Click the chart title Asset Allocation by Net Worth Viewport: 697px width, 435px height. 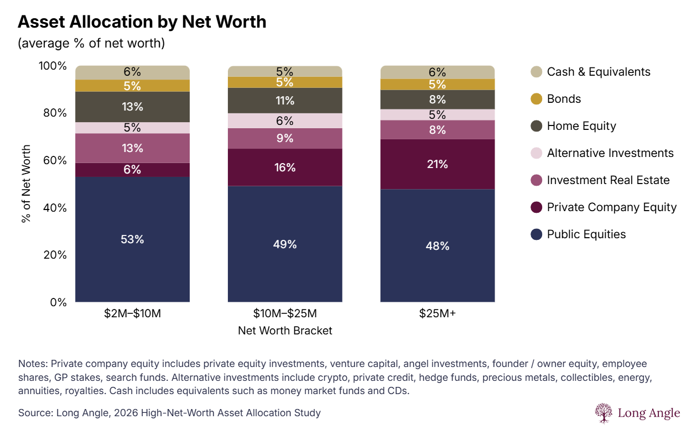pos(142,22)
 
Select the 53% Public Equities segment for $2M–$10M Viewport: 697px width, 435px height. pos(132,239)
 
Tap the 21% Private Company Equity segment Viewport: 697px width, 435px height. pos(437,164)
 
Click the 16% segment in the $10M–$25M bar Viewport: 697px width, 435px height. pos(285,167)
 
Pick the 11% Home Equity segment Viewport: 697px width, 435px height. pos(285,101)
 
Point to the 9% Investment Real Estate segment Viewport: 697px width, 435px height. pos(285,138)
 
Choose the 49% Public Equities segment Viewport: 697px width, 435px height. pos(285,244)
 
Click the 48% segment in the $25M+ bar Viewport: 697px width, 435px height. pos(437,246)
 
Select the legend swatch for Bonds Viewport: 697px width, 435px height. pos(535,99)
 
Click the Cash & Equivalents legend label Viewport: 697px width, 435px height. pos(598,72)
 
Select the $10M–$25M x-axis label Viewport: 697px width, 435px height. pos(285,314)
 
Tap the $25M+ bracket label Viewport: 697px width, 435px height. pos(437,314)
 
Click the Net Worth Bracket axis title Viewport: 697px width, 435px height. pos(285,331)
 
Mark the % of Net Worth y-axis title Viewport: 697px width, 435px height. pos(26,184)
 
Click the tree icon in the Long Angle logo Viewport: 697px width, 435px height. pos(604,413)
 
